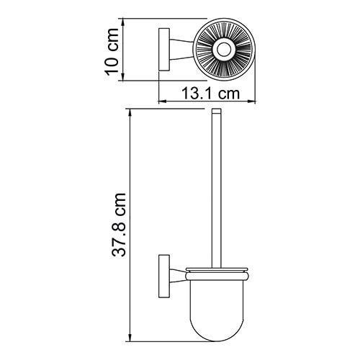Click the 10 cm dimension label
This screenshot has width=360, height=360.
111,50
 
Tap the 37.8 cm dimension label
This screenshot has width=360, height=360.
122,225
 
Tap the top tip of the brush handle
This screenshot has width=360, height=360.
215,113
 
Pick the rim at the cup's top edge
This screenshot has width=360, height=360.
215,271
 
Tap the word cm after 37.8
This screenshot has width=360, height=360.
122,202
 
